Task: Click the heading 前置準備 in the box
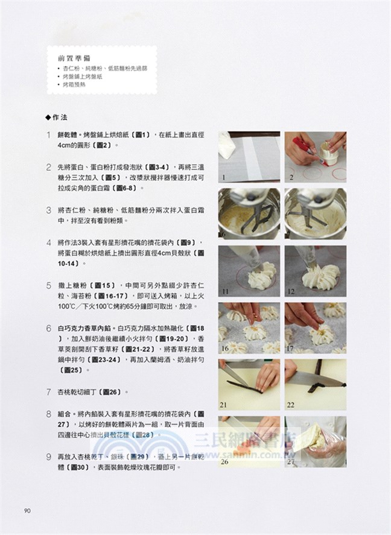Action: (x=74, y=59)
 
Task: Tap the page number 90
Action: (x=27, y=511)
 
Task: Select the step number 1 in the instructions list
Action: (x=48, y=136)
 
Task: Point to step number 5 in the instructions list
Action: (x=48, y=285)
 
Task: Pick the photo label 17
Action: (x=291, y=349)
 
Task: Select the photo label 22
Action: (x=291, y=406)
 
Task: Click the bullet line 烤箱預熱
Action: (x=75, y=86)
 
